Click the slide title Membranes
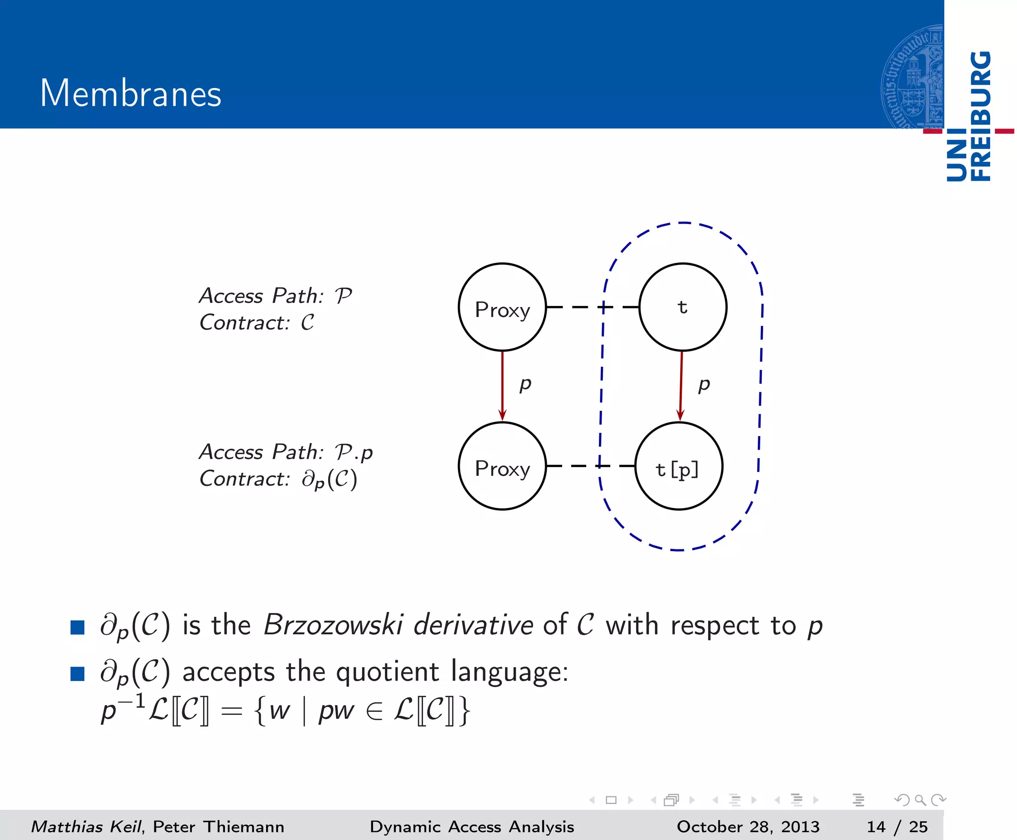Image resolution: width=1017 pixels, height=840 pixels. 131,93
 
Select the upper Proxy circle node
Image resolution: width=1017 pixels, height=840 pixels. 502,307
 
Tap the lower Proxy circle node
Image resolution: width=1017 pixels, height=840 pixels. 502,466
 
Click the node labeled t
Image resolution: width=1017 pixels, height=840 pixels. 683,307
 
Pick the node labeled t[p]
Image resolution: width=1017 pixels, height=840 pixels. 679,466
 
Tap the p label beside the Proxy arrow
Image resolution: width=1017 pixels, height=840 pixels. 525,384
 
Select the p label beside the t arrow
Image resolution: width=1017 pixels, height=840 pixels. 704,384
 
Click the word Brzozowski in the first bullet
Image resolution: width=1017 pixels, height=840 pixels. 333,625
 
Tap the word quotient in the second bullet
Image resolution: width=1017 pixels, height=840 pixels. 387,672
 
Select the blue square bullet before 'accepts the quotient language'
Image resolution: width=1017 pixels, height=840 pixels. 77,674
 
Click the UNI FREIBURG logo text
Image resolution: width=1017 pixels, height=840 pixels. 969,116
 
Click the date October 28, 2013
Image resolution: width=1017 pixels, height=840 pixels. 748,827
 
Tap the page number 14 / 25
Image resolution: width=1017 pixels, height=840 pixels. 897,827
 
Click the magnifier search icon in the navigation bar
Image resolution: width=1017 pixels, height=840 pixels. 920,800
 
